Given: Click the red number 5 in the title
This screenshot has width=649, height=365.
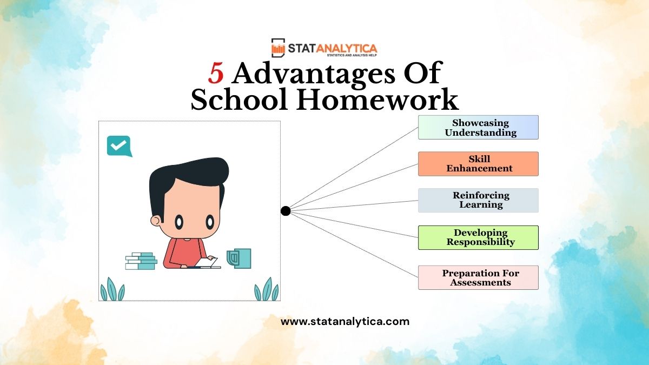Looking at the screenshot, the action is (x=216, y=74).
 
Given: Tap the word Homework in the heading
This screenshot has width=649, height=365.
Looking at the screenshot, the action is (x=378, y=99).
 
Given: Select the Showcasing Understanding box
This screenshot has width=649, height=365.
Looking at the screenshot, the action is (x=478, y=128).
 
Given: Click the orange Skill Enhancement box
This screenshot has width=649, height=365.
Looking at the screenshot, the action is (x=478, y=164).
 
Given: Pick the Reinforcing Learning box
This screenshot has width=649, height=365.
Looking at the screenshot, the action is (x=478, y=201).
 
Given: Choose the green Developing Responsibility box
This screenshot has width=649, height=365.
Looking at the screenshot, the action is (x=478, y=237).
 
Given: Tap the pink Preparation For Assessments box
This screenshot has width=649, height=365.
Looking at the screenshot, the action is (x=478, y=277).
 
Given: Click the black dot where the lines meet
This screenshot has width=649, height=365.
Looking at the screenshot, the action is (x=286, y=211).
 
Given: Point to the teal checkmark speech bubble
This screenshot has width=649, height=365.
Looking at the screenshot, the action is (x=119, y=146).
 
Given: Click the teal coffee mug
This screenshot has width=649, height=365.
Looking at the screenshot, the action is (x=239, y=258).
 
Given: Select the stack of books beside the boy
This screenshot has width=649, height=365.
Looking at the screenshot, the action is (x=141, y=261).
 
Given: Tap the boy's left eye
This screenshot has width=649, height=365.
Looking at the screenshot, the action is (x=180, y=222).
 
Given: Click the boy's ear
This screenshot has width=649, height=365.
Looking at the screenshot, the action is (x=156, y=221).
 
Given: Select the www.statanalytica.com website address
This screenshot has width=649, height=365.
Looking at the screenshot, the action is (x=345, y=322).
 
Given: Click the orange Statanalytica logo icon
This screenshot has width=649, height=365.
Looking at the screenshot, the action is (x=278, y=48).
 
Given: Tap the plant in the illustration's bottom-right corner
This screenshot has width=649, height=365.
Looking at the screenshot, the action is (x=267, y=289).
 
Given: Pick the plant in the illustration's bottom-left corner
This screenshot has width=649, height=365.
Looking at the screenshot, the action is (x=112, y=289).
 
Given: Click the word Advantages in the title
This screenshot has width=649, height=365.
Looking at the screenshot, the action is (x=314, y=74).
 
